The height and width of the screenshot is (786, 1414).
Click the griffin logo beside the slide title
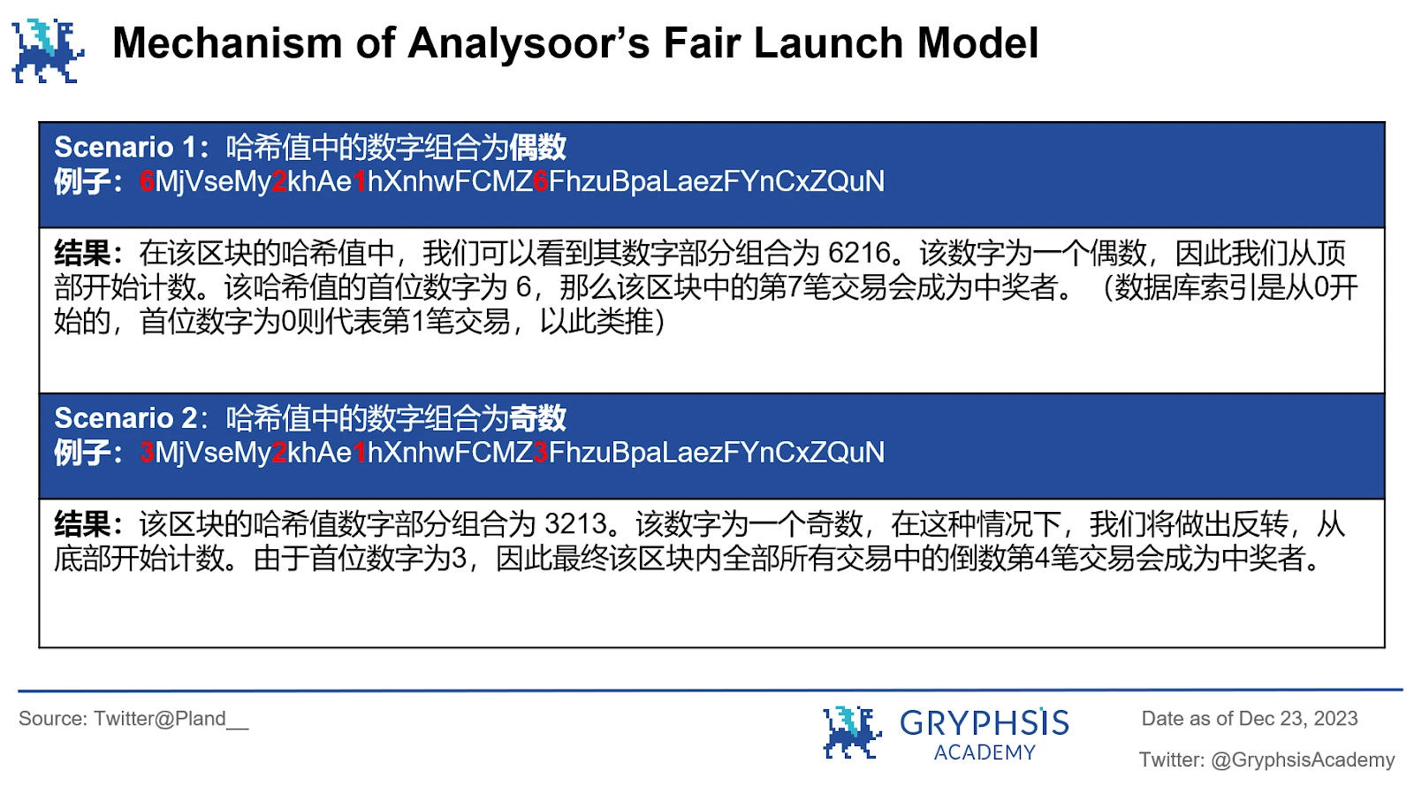tap(48, 50)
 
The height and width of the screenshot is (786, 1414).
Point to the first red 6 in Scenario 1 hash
tap(148, 182)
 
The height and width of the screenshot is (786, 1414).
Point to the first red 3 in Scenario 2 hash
tap(148, 454)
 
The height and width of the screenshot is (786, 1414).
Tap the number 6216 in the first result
tap(859, 254)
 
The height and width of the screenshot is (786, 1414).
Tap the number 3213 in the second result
tap(575, 525)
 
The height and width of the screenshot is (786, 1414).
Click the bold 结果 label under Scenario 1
tap(82, 254)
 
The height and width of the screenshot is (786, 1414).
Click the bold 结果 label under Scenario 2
tap(82, 525)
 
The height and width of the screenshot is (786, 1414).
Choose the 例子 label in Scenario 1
tap(82, 182)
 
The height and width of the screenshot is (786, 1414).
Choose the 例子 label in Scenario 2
tap(82, 454)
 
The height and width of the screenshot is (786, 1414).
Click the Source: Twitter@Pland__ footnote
tap(133, 719)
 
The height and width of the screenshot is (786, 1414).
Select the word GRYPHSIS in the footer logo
tap(984, 724)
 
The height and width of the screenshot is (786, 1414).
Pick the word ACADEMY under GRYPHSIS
tap(984, 752)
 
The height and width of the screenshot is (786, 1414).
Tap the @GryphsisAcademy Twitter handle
tap(1303, 760)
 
